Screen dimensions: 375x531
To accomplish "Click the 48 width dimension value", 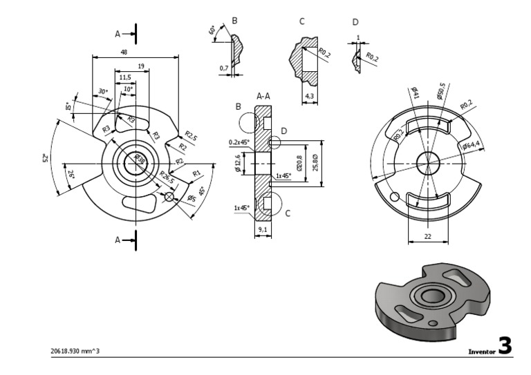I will [x=123, y=52].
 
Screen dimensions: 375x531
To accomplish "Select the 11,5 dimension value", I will [x=124, y=78].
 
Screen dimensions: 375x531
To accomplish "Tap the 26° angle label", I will [x=71, y=175].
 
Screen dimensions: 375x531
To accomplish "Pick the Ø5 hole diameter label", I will [x=191, y=199].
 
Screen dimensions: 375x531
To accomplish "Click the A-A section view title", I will [x=263, y=97].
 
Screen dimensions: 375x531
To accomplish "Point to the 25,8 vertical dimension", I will [x=316, y=165].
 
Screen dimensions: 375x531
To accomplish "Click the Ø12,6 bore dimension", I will [x=239, y=166].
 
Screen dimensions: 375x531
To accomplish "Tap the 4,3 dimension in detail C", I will [x=309, y=95].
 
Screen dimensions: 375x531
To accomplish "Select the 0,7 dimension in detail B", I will [x=223, y=68].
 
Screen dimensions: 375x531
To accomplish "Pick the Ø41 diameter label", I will [x=415, y=94].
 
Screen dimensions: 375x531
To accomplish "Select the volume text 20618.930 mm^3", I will [x=75, y=351].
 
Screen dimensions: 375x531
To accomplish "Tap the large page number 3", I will [x=505, y=346].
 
